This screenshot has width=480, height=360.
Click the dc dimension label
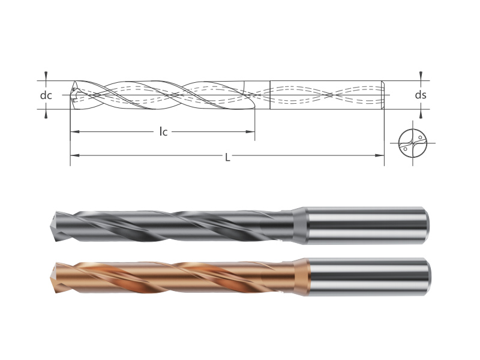click(46, 95)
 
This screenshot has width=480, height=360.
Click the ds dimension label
click(421, 95)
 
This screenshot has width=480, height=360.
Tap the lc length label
click(163, 131)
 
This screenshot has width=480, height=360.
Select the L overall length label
click(227, 157)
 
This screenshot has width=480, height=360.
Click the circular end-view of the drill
click(413, 143)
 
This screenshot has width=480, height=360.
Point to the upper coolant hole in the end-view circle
click(421, 137)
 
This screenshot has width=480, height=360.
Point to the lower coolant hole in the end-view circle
click(406, 149)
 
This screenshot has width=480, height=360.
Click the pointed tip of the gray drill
click(50, 226)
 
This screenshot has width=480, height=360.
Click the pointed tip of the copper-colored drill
click(50, 278)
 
